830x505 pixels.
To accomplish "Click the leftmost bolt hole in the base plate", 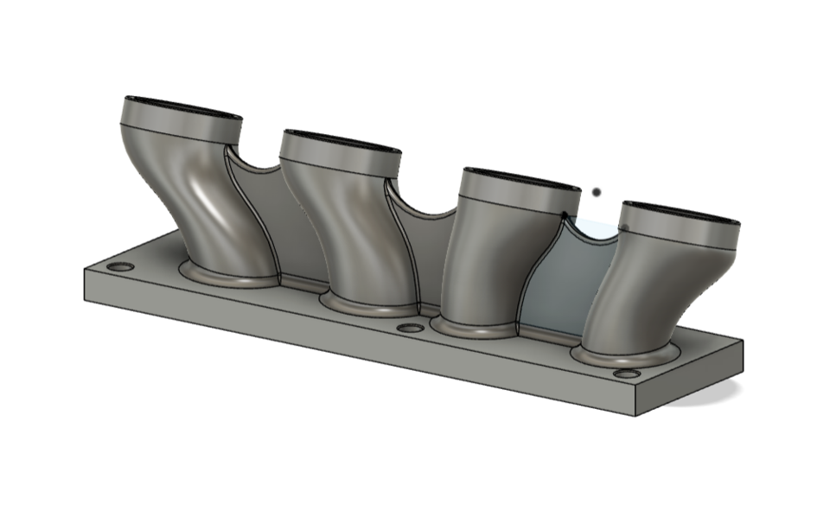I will point(122,266).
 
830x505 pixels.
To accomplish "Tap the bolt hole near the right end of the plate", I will point(627,374).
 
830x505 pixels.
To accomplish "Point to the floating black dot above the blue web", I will point(596,192).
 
